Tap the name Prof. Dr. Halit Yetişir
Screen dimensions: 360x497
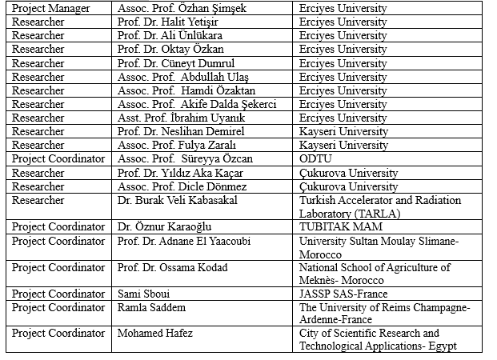click(x=169, y=22)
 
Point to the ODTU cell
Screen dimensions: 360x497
click(x=315, y=158)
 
